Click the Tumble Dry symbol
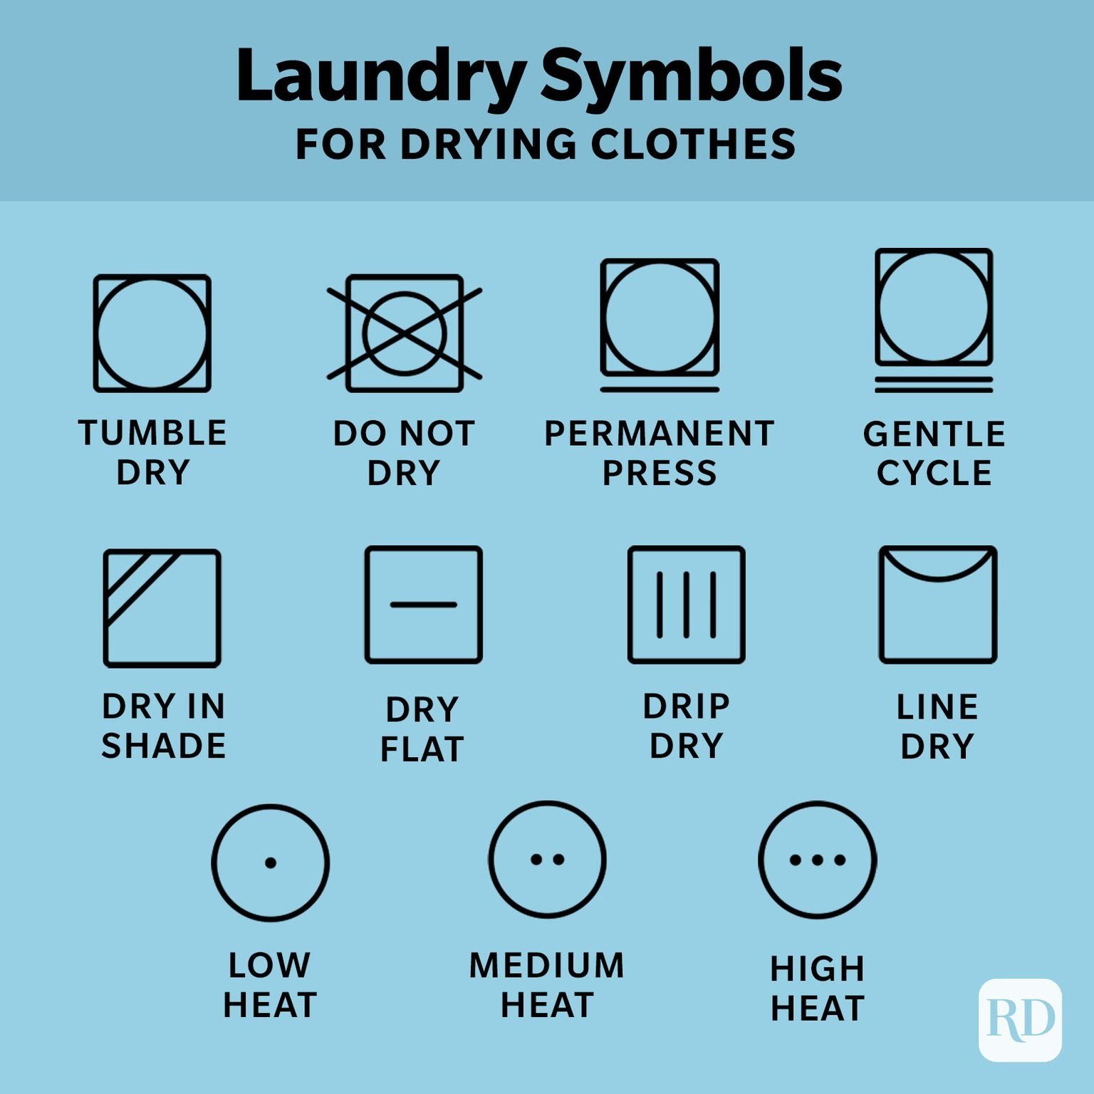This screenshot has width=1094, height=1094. point(152,333)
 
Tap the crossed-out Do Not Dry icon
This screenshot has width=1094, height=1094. point(405,333)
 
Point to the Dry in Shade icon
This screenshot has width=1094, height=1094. point(162,608)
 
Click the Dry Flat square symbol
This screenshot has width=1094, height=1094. point(424,605)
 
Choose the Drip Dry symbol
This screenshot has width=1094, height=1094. point(687,605)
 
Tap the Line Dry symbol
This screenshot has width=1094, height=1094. point(938,605)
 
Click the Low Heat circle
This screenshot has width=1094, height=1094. point(271,863)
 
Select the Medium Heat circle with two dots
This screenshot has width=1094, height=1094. point(547,859)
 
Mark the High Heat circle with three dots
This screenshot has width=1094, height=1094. point(818,860)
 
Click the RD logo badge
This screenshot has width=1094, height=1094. point(1020,1020)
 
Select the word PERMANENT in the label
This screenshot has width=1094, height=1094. point(660,434)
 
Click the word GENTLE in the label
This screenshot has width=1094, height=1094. point(934,434)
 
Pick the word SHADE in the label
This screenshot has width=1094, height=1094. point(164,746)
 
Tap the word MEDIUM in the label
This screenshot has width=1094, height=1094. point(547,966)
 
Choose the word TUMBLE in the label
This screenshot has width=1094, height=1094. point(152,433)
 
